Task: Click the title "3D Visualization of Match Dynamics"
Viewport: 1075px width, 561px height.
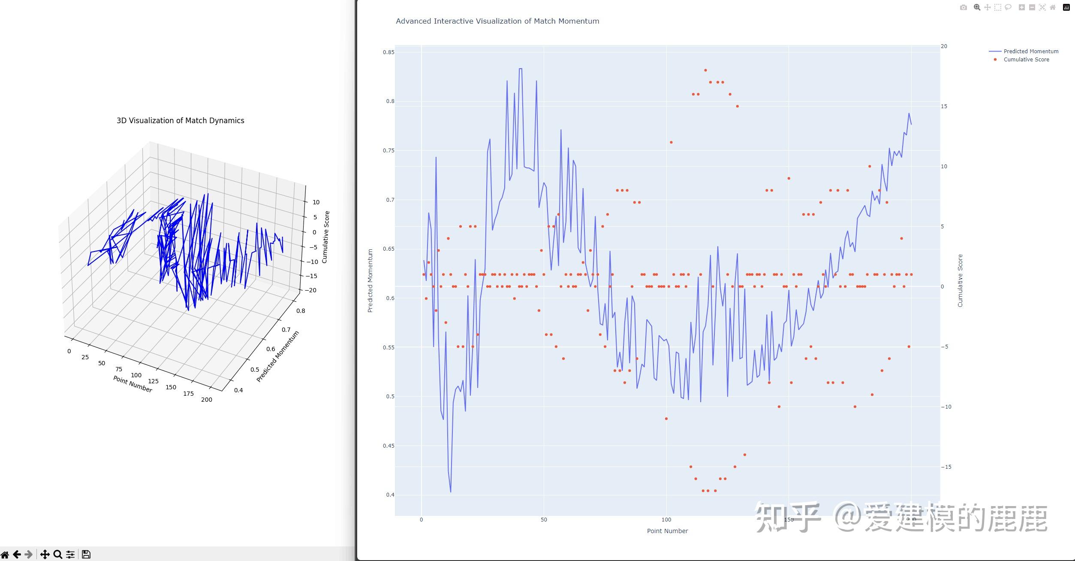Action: click(x=180, y=121)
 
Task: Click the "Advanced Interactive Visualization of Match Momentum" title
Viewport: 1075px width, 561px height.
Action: click(x=497, y=21)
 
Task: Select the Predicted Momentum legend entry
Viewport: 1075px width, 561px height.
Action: click(x=1030, y=52)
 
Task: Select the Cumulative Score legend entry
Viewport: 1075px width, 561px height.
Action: click(x=1026, y=60)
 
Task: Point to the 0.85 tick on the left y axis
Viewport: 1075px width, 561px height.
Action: click(x=388, y=52)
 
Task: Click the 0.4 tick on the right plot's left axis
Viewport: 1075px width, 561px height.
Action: click(x=390, y=495)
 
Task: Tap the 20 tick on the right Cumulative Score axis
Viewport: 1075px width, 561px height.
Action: click(x=944, y=46)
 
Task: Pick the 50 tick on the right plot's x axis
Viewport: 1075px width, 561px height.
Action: click(x=544, y=520)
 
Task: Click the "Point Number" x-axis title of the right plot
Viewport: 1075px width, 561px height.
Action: click(x=667, y=531)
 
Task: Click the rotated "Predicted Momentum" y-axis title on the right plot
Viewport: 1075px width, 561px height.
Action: click(x=370, y=281)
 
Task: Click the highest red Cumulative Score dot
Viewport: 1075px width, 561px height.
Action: click(x=705, y=70)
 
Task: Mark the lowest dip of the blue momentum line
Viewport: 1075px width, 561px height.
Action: click(x=451, y=492)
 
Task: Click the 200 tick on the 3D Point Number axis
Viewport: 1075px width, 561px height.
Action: click(x=206, y=400)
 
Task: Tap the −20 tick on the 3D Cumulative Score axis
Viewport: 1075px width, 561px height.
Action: click(x=311, y=290)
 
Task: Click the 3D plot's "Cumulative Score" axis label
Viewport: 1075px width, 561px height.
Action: click(x=326, y=237)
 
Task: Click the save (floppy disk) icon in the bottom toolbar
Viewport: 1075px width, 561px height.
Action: click(x=86, y=554)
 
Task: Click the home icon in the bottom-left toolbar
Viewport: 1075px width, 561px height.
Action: click(x=5, y=554)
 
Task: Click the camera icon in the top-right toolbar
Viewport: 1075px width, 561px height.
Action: click(x=964, y=7)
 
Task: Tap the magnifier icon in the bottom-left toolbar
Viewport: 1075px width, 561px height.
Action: click(x=57, y=554)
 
